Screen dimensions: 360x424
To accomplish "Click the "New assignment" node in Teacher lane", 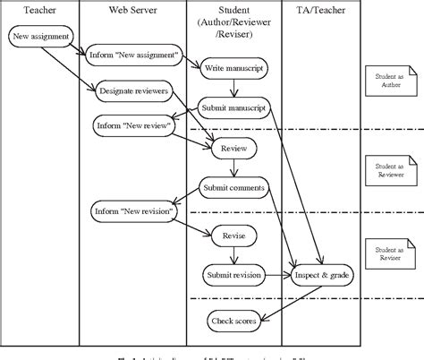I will [x=40, y=38].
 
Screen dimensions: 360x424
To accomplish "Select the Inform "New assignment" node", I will [x=133, y=56].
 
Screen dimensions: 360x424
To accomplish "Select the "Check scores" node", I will [x=233, y=319].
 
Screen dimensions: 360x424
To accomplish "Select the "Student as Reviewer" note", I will [x=386, y=170].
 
